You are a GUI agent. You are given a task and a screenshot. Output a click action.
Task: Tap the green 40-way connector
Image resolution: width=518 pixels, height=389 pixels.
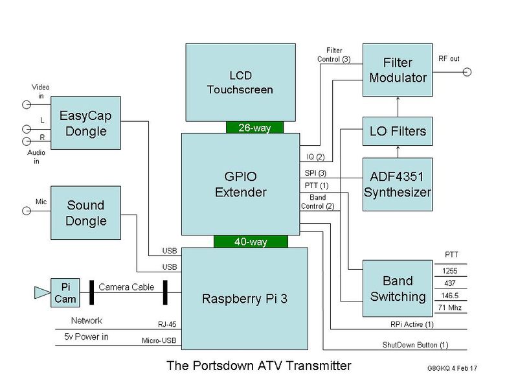coord(250,242)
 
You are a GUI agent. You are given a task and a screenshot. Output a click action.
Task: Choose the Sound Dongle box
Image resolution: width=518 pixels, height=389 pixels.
coord(86,213)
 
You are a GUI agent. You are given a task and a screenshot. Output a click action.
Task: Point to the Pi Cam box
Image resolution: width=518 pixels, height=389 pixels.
coord(65,292)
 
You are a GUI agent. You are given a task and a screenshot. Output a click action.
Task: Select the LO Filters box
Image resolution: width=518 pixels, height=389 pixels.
coord(396,132)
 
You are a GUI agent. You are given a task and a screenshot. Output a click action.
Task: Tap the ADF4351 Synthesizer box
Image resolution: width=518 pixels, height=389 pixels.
coord(396,184)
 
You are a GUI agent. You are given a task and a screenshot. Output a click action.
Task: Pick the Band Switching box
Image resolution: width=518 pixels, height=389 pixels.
coord(396,289)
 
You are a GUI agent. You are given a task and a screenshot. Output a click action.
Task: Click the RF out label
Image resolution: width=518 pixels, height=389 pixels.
coord(449,59)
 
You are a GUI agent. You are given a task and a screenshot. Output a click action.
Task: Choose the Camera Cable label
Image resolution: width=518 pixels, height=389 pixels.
coord(127,287)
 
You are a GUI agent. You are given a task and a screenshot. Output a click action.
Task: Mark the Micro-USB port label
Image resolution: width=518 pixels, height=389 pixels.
coord(159,339)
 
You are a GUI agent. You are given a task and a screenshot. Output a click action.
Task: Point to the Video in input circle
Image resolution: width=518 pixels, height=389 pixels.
coord(27,104)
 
